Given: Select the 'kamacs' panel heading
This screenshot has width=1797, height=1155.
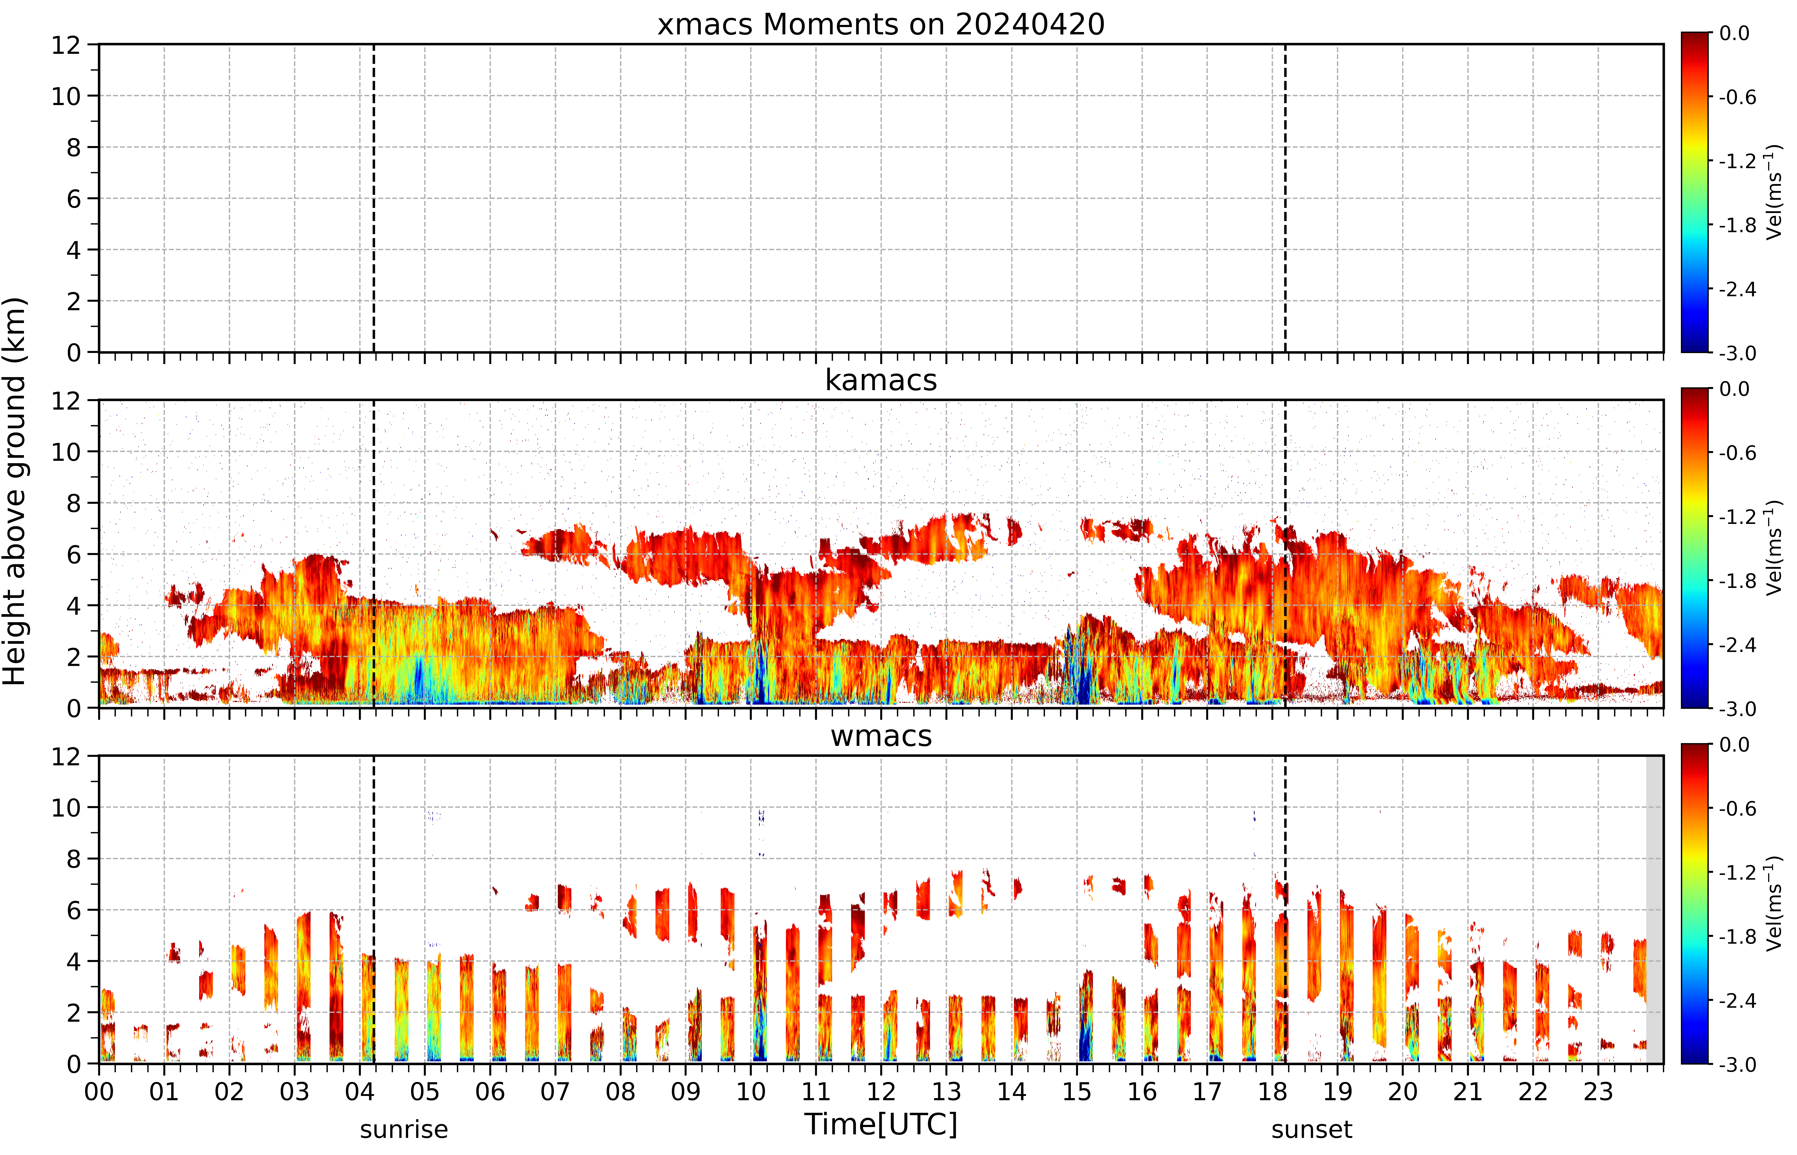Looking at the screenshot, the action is (881, 380).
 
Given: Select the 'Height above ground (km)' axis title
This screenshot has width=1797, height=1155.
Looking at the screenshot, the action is (15, 491).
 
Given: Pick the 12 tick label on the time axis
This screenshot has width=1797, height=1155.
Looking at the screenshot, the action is (881, 1091).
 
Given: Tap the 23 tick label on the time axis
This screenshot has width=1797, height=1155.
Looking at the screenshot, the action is (1598, 1091).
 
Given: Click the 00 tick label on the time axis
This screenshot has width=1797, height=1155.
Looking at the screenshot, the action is (99, 1091).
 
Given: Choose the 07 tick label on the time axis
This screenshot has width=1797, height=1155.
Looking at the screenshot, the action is (555, 1091).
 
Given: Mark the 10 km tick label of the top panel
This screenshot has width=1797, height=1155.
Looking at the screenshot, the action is (66, 96).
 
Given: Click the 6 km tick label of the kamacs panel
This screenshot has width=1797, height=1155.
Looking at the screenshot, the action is (73, 554).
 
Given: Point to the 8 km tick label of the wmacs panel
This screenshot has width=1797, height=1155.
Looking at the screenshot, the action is (73, 859).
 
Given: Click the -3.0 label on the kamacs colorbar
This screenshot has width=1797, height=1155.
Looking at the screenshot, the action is (1737, 709).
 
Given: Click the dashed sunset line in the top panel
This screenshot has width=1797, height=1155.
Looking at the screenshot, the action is (1285, 198).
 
